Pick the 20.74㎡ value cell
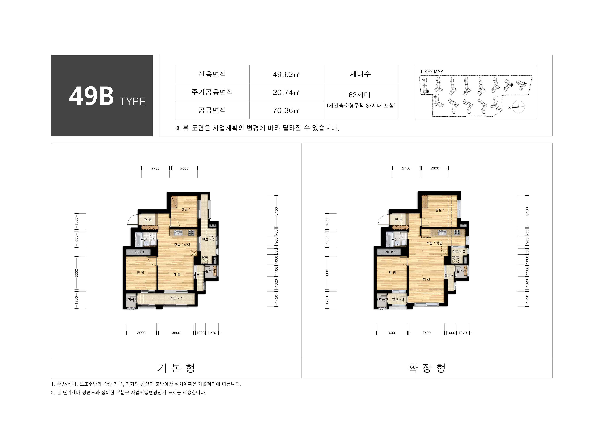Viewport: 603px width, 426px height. point(286,92)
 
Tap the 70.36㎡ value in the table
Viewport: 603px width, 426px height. point(286,110)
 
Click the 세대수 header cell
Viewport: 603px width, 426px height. point(361,74)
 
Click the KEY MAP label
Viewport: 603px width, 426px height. point(433,71)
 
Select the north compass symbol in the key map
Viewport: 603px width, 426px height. point(518,107)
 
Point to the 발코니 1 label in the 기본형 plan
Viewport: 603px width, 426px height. point(176,298)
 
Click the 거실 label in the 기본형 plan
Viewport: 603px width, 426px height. point(177,274)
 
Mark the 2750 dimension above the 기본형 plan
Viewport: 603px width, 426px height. point(155,168)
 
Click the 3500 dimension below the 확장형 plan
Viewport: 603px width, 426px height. point(426,333)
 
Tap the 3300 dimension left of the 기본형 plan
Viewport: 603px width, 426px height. point(77,273)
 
